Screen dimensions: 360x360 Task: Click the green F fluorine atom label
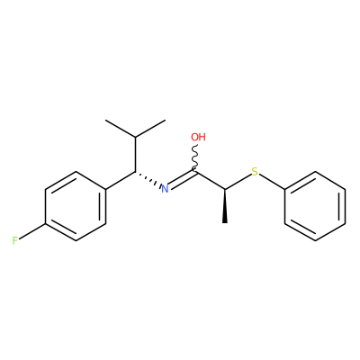[x=15, y=240]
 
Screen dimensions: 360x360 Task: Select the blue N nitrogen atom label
[x=165, y=189]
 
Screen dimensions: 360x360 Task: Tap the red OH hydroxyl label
[x=198, y=137]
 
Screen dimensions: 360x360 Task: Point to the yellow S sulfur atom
[x=255, y=172]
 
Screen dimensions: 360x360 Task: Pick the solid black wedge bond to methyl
[x=225, y=206]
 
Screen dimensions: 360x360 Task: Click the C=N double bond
[x=182, y=180]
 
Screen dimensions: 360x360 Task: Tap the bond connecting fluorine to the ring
[x=32, y=231]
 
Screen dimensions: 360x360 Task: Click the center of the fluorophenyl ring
[x=76, y=206]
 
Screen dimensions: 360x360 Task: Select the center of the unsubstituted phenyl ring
[x=315, y=206]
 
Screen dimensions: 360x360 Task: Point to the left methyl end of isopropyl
[x=105, y=121]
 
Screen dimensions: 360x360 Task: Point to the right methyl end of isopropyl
[x=166, y=121]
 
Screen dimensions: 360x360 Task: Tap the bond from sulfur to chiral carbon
[x=238, y=182]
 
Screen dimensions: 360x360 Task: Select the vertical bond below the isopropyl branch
[x=135, y=155]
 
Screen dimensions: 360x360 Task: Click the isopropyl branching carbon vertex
[x=135, y=138]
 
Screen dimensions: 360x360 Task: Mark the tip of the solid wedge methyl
[x=225, y=223]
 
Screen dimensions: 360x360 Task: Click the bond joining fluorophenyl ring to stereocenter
[x=121, y=180]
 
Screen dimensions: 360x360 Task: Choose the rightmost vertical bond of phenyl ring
[x=345, y=206]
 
